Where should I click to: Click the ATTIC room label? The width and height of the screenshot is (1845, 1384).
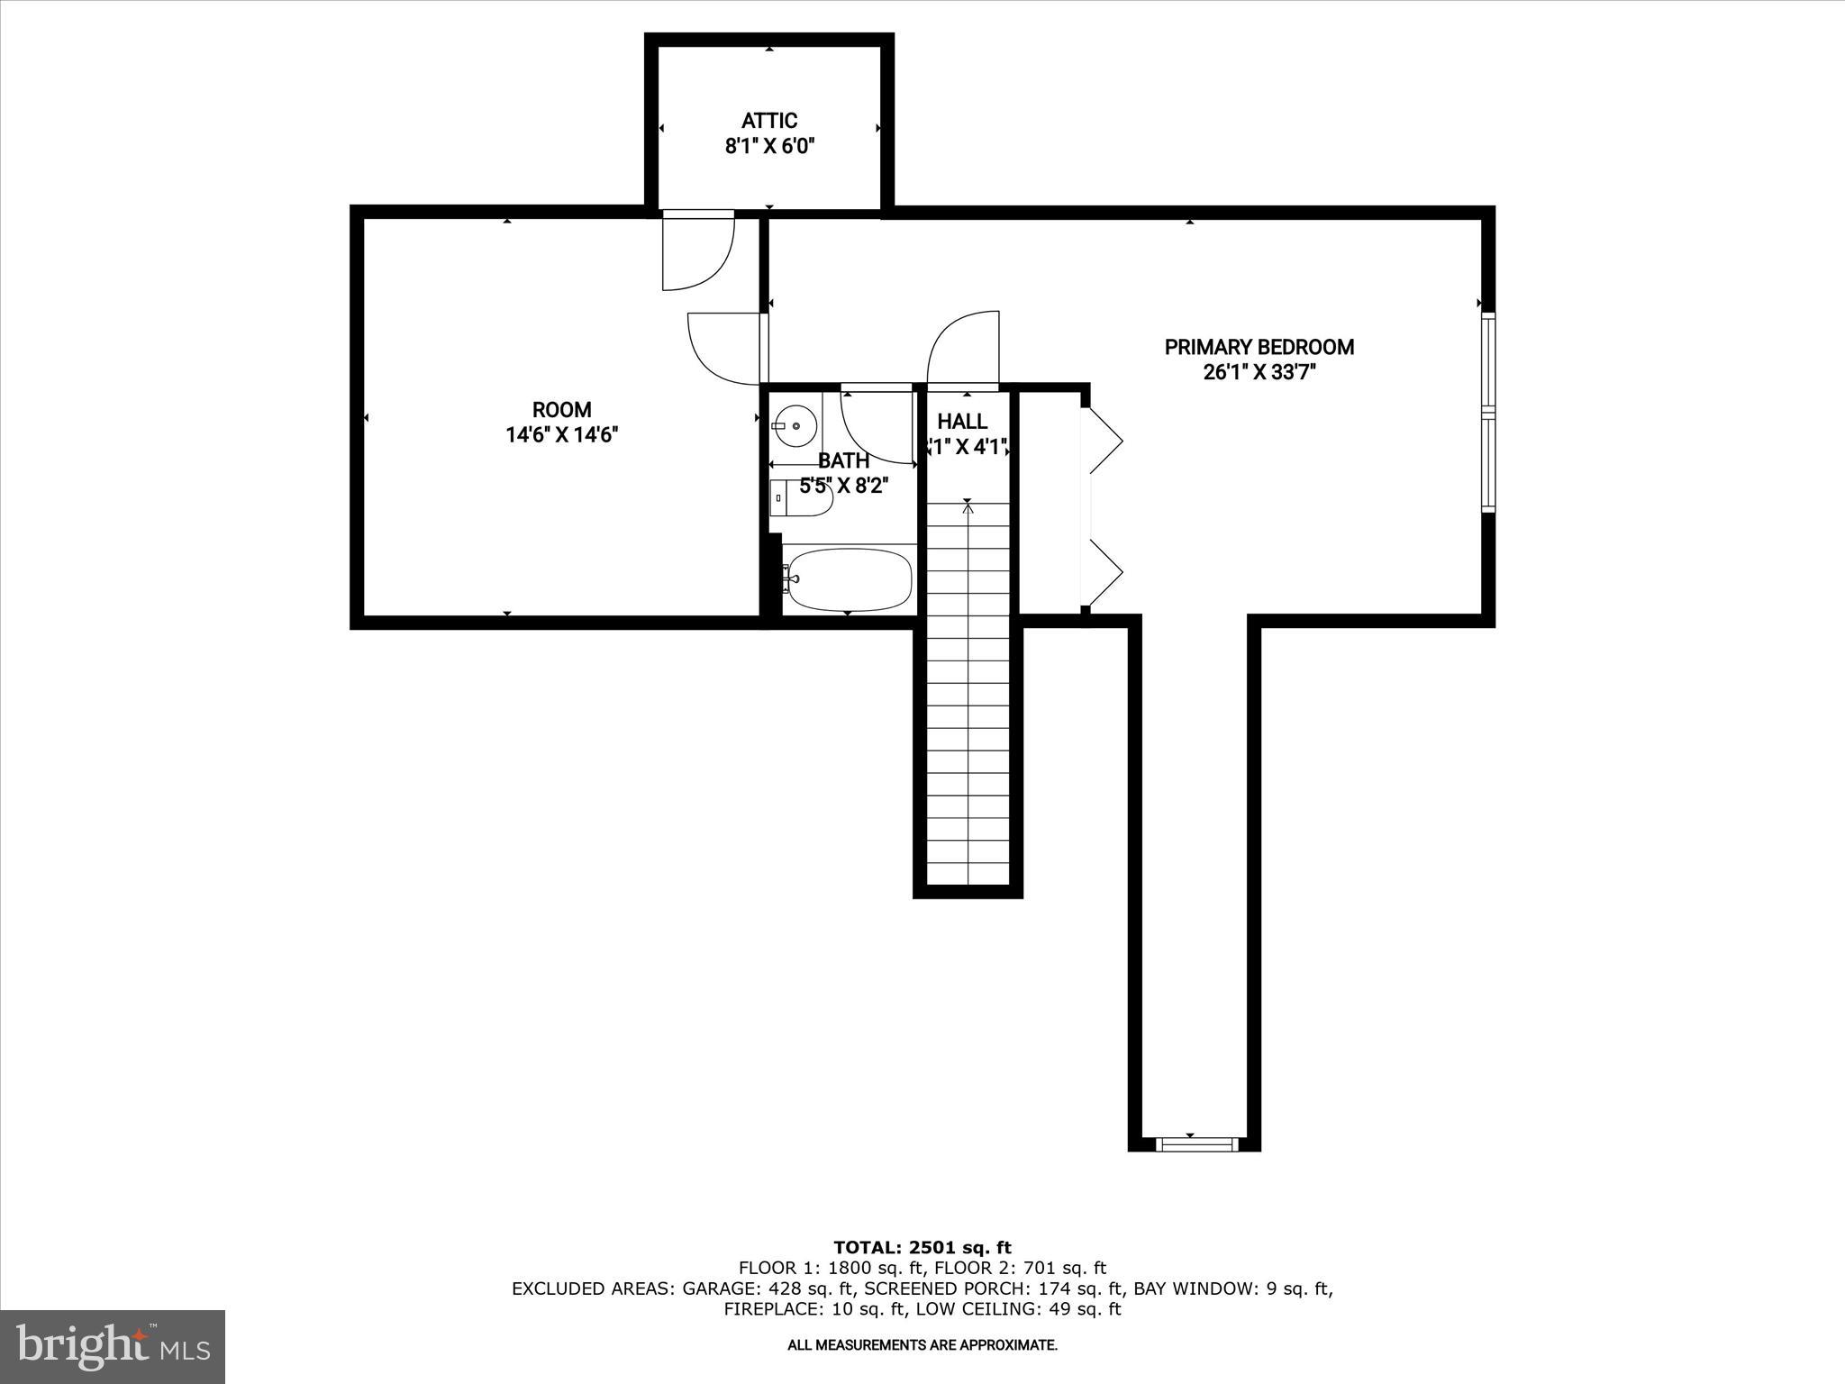pos(769,121)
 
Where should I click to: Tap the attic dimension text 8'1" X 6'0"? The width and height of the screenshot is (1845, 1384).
pos(769,147)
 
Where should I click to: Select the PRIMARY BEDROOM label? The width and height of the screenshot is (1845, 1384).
pos(1259,347)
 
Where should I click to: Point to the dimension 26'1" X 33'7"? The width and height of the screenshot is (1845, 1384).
pos(1259,372)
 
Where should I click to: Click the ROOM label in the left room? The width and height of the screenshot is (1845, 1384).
pos(561,410)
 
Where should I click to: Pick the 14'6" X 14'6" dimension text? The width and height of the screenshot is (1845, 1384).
pos(561,435)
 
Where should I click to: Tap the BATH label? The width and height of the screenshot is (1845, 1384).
pos(843,460)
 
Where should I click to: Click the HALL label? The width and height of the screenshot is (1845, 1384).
pos(962,422)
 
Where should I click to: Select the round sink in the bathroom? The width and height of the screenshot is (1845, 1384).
pos(795,423)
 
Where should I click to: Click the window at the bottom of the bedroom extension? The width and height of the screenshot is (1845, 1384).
pos(1195,1144)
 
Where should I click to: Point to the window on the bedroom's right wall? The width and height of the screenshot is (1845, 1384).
pos(1487,413)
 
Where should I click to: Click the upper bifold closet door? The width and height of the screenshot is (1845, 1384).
pos(1104,441)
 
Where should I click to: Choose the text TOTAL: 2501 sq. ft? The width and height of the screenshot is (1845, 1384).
pos(922,1248)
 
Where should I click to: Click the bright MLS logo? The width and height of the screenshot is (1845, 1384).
pos(113,1347)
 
